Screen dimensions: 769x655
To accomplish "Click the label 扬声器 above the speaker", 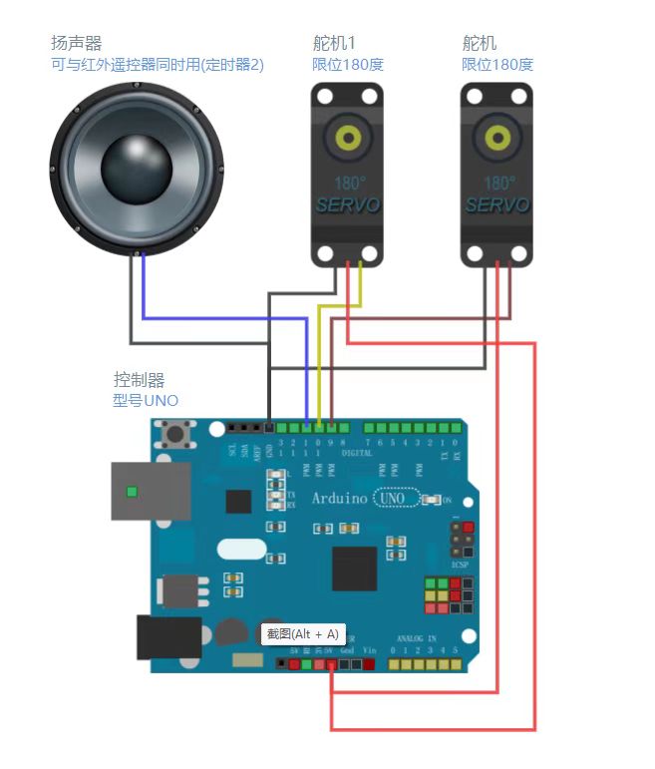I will point(76,44).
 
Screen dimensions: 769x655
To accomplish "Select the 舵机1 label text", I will point(334,44).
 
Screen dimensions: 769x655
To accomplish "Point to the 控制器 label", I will point(139,380).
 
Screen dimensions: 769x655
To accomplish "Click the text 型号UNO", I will point(146,401).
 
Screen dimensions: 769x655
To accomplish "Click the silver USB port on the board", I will point(150,491).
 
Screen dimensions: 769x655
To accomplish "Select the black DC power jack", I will point(167,637).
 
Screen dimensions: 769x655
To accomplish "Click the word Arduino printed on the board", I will point(340,498).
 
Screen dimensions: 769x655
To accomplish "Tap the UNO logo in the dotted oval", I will point(393,498).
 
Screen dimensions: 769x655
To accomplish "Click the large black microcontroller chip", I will point(354,569).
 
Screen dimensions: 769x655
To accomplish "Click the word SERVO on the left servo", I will point(348,205).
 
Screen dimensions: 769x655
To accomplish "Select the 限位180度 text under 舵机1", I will point(348,65).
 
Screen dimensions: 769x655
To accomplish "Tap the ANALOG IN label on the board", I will point(418,637).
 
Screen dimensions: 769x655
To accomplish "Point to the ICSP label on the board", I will point(460,565).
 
